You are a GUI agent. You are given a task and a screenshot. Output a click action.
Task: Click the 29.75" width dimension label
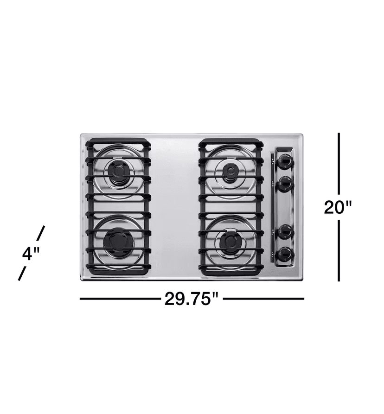192,299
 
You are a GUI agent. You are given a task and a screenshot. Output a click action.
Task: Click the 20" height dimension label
339,207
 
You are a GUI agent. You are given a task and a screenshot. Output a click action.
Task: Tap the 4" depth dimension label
31,254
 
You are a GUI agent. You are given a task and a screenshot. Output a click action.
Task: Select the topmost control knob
285,161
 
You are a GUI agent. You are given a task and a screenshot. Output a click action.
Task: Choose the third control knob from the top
285,231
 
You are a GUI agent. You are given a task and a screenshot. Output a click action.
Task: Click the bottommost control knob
285,254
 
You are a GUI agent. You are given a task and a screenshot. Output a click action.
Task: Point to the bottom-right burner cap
230,242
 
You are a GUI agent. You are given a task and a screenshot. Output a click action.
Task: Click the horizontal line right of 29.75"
264,299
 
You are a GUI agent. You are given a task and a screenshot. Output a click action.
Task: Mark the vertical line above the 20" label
339,163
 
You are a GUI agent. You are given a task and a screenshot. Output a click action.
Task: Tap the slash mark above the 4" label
41,233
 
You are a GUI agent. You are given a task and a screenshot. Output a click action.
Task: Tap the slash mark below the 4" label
21,274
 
